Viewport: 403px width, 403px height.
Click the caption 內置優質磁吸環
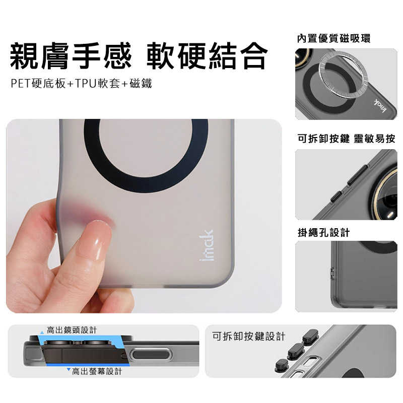[333, 39]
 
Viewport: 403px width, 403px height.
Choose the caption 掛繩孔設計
[323, 233]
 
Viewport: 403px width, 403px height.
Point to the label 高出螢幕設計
[97, 371]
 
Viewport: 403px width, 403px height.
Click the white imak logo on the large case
[207, 245]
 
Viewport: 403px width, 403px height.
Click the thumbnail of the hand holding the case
[144, 216]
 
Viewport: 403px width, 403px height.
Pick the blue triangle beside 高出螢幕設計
[68, 370]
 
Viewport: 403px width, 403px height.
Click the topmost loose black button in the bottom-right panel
[310, 335]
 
